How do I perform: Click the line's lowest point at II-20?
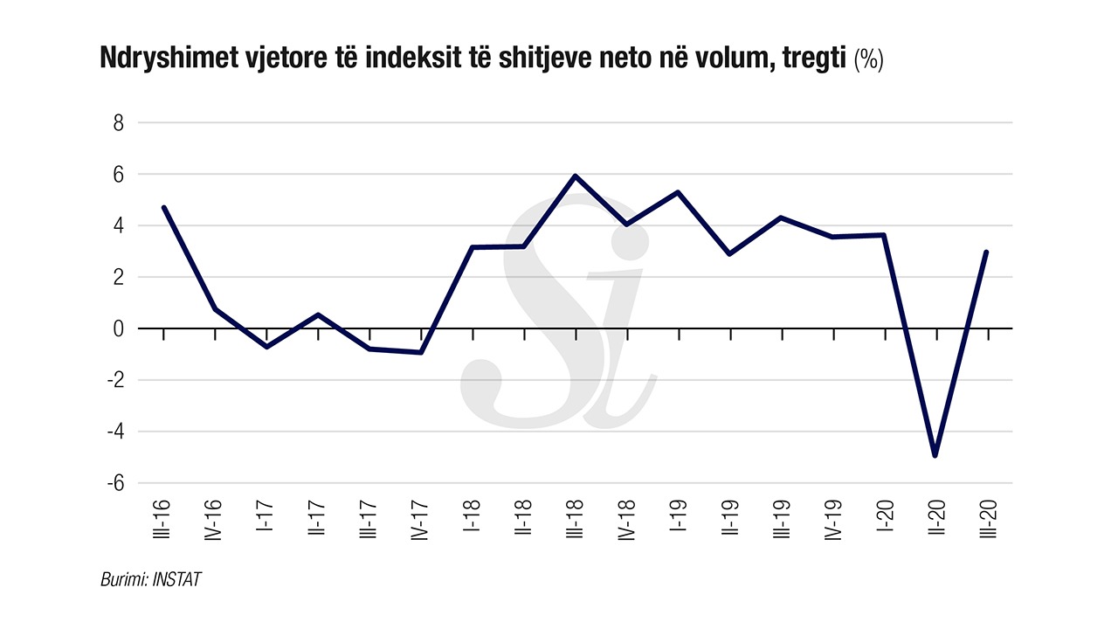point(935,455)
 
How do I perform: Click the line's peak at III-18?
point(575,176)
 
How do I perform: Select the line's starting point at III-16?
point(163,207)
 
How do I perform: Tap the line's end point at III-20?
point(986,252)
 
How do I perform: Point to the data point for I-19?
point(678,192)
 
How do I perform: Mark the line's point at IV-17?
point(421,352)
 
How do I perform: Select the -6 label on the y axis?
point(114,483)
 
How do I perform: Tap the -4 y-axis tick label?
point(114,432)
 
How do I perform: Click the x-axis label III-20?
point(987,520)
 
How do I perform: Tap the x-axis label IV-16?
point(215,522)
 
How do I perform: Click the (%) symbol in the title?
point(868,60)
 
